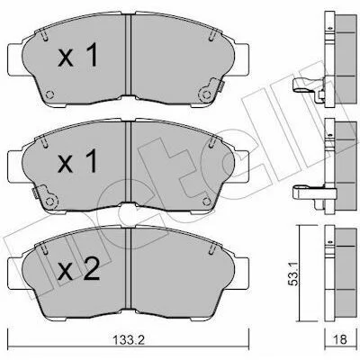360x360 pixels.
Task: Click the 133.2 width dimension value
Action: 129,340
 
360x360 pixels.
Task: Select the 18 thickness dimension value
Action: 339,339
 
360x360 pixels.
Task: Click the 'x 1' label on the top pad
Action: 78,55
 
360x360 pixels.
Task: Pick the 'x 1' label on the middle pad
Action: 77,161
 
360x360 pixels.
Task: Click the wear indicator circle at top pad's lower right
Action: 206,94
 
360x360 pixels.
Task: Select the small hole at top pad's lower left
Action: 49,94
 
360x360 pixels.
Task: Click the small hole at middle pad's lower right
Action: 207,202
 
